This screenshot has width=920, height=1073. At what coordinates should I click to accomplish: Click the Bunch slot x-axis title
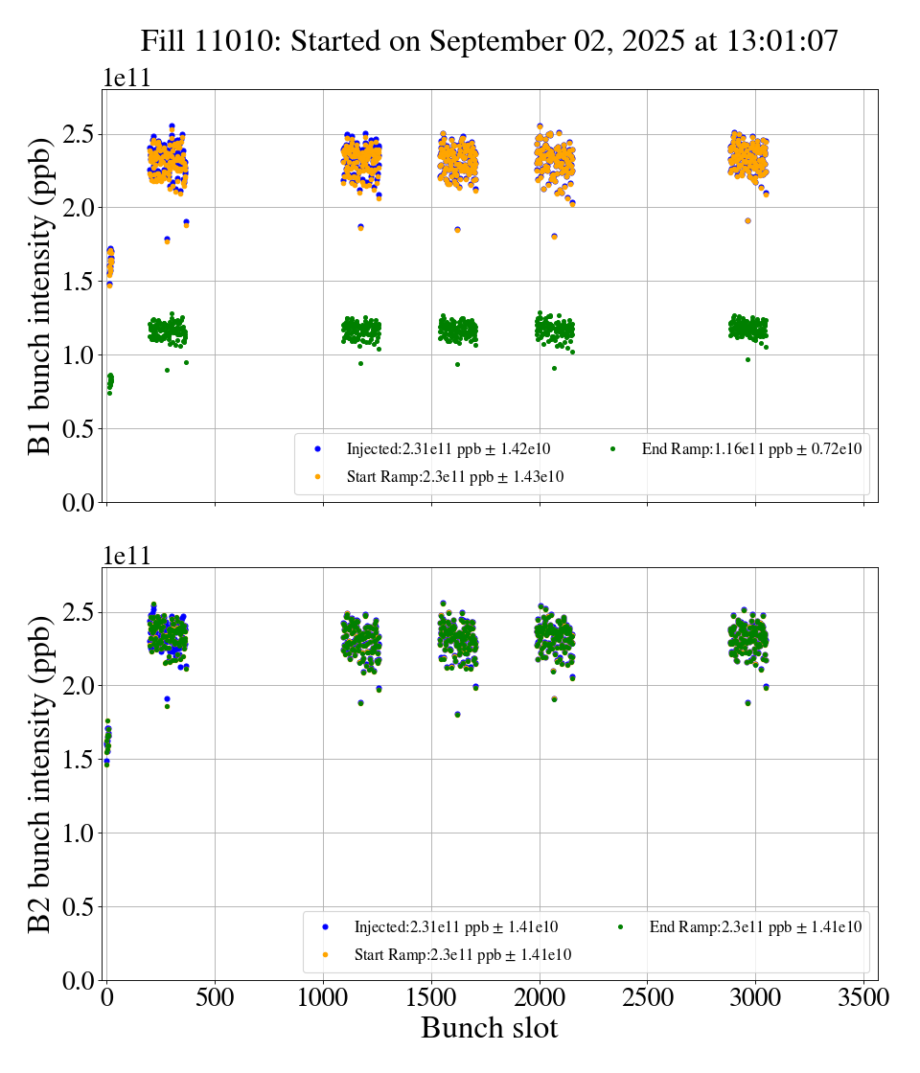coord(489,1028)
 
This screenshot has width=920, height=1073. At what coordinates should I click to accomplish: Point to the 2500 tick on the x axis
coord(647,997)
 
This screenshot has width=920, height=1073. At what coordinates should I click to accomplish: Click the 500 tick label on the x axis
coord(215,997)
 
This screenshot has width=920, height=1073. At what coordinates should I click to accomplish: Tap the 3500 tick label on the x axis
coord(863,997)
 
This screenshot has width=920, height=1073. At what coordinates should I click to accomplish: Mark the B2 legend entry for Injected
coord(456,926)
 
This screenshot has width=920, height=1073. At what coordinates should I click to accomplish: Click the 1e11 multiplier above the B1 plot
coord(126,78)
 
